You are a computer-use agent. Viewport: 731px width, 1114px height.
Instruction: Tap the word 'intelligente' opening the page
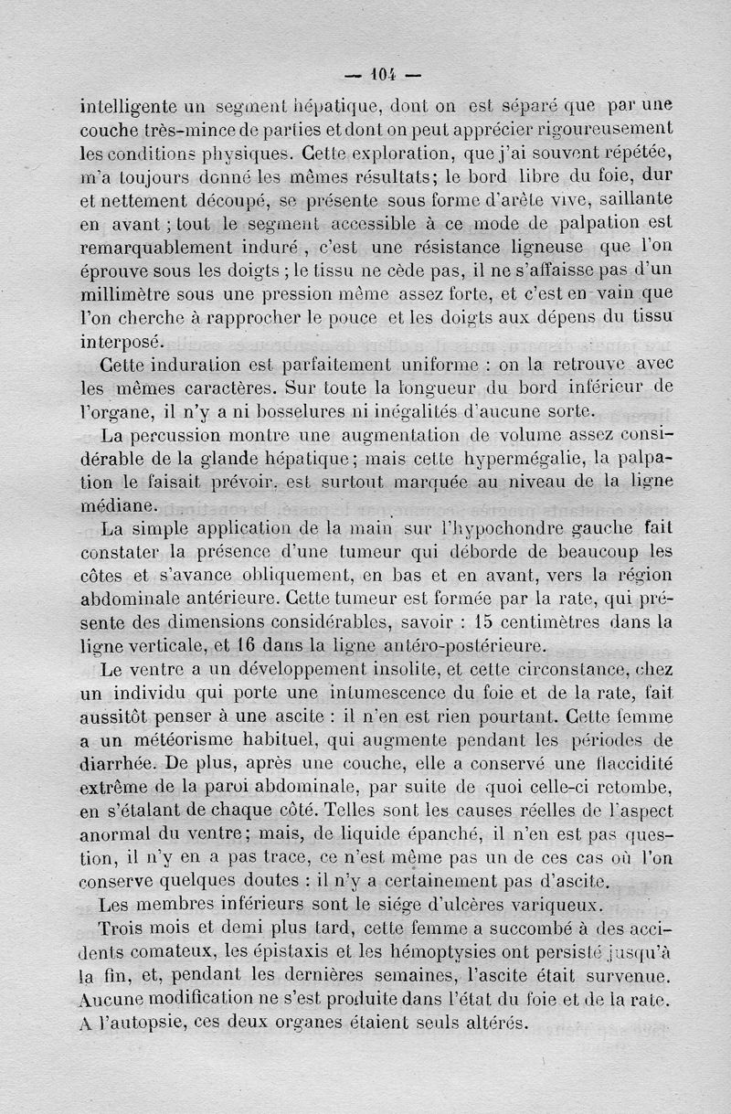pyautogui.click(x=132, y=105)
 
